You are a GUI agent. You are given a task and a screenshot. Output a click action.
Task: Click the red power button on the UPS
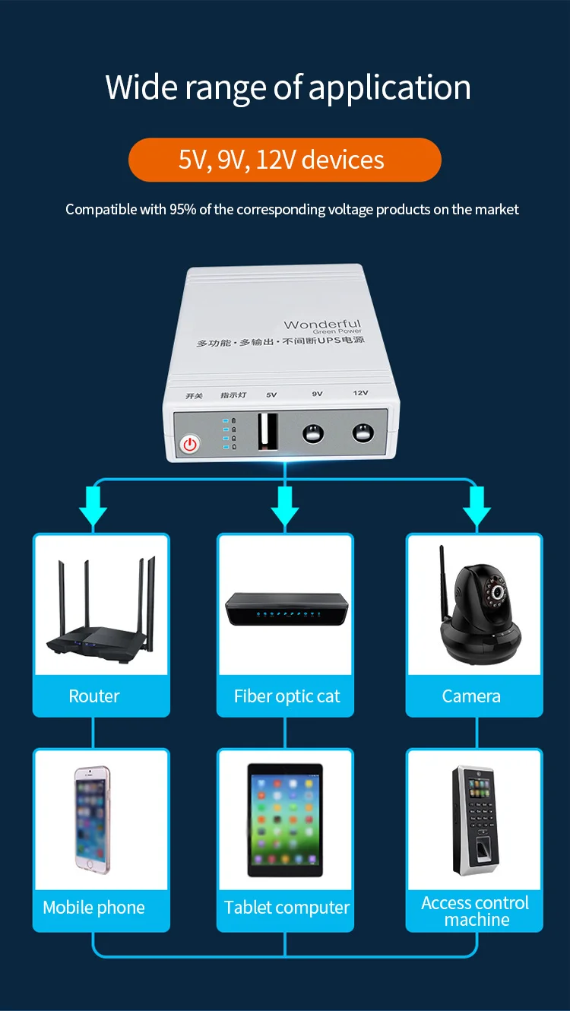(189, 444)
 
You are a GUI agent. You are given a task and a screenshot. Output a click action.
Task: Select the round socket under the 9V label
(313, 433)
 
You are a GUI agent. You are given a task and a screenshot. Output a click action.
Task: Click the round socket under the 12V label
(363, 433)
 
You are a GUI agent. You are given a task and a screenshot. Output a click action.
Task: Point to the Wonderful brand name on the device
(322, 325)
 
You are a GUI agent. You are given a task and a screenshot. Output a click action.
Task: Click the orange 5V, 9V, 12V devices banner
(285, 160)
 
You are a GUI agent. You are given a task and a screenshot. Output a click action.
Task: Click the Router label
(94, 696)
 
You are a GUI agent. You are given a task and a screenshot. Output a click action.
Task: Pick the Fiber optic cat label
(287, 696)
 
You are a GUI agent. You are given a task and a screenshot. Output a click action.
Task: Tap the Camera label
(471, 696)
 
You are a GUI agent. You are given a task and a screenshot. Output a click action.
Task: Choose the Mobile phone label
(93, 907)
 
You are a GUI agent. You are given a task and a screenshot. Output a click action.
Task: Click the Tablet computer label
(287, 907)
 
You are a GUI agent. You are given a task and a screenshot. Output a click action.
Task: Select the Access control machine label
(475, 911)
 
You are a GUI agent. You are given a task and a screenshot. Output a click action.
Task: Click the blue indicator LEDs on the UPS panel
(226, 433)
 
